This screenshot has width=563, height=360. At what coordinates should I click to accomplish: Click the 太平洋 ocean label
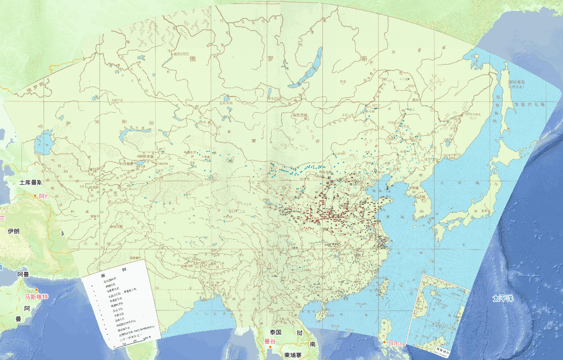point(504,297)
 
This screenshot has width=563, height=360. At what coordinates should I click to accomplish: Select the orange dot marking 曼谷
point(270,347)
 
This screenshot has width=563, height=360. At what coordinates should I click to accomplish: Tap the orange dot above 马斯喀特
point(36,289)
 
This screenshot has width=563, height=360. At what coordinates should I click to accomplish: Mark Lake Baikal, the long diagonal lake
point(306,69)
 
